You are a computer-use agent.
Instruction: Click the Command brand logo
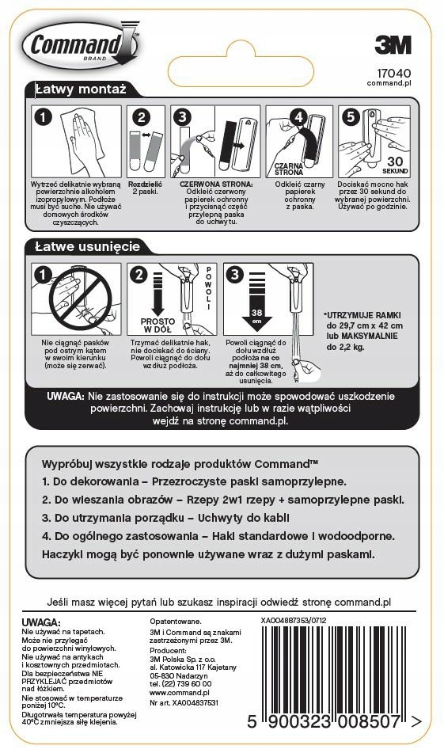79,44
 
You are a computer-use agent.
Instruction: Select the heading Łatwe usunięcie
87,246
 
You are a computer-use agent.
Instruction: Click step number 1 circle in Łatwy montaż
44,116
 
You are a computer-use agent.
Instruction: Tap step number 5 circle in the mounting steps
349,116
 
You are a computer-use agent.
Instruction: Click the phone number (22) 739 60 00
180,683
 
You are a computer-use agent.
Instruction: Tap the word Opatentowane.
176,622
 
